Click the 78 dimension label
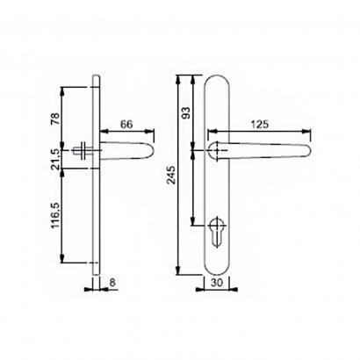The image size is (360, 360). [x=55, y=119]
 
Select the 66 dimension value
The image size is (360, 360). [x=126, y=125]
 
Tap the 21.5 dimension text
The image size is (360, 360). [x=55, y=159]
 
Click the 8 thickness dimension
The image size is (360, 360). [x=112, y=283]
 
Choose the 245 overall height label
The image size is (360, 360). [x=171, y=175]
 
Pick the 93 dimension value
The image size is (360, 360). [x=186, y=112]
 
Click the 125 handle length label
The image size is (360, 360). [x=260, y=125]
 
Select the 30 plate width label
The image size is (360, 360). [x=217, y=283]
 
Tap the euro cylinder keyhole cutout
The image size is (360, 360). [x=217, y=232]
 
